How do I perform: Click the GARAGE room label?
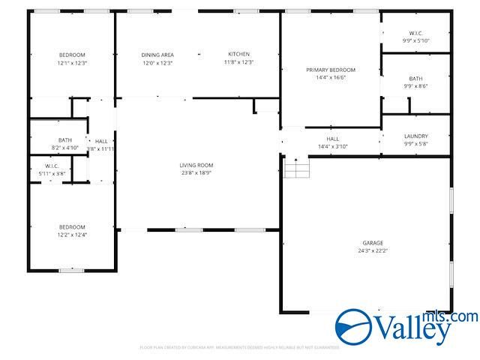point(373,242)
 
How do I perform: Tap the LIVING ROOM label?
point(196,165)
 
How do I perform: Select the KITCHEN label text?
point(239,55)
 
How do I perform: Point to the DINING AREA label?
point(157,55)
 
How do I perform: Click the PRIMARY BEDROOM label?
point(331,70)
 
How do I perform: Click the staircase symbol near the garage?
point(297,168)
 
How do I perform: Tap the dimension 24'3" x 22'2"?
point(373,250)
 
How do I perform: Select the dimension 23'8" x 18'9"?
point(196,172)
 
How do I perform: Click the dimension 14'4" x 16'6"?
point(331,77)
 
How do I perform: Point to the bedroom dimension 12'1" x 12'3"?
point(73,63)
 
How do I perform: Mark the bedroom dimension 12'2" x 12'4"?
point(73,235)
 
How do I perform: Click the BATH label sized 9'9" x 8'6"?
point(415,79)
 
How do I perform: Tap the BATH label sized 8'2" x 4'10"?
point(65,139)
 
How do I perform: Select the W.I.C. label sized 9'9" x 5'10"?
point(415,33)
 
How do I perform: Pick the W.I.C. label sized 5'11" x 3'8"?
point(52,166)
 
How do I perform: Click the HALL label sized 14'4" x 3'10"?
point(333,139)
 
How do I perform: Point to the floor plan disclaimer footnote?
point(239,347)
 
